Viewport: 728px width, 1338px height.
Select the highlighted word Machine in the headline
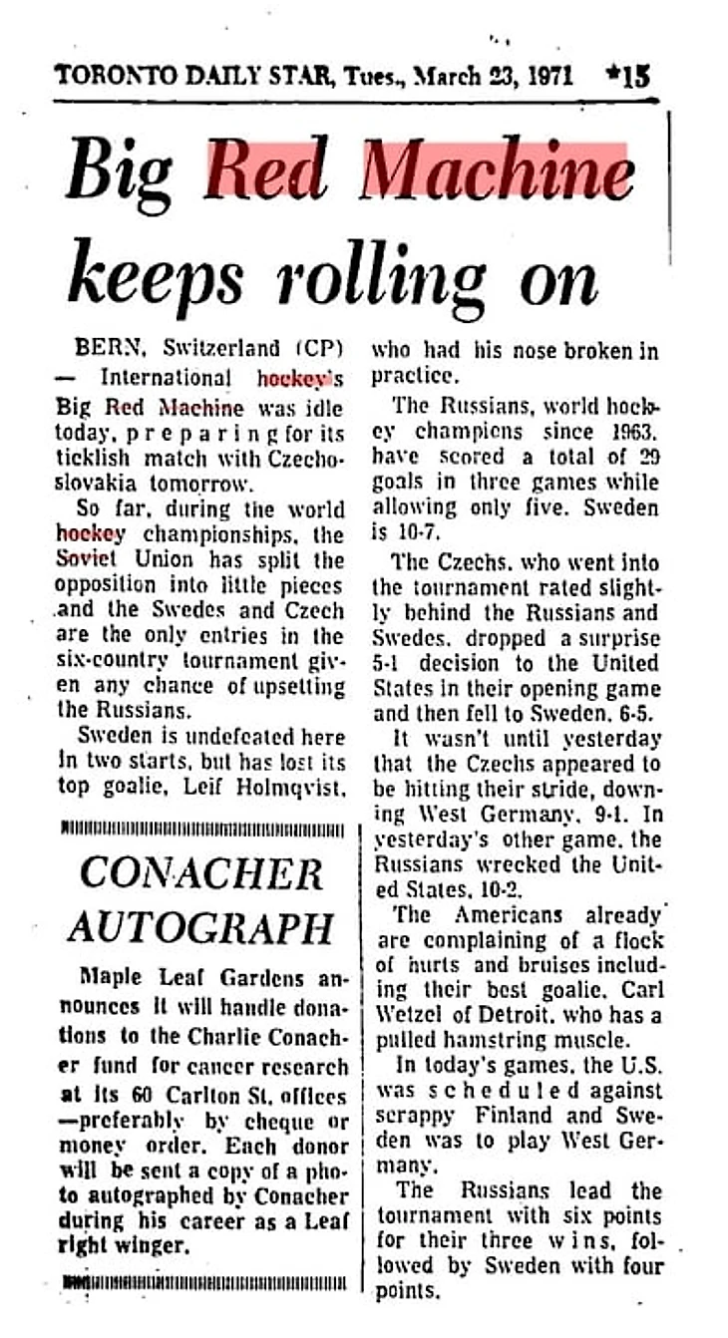(498, 173)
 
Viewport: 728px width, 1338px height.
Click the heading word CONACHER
(201, 874)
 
